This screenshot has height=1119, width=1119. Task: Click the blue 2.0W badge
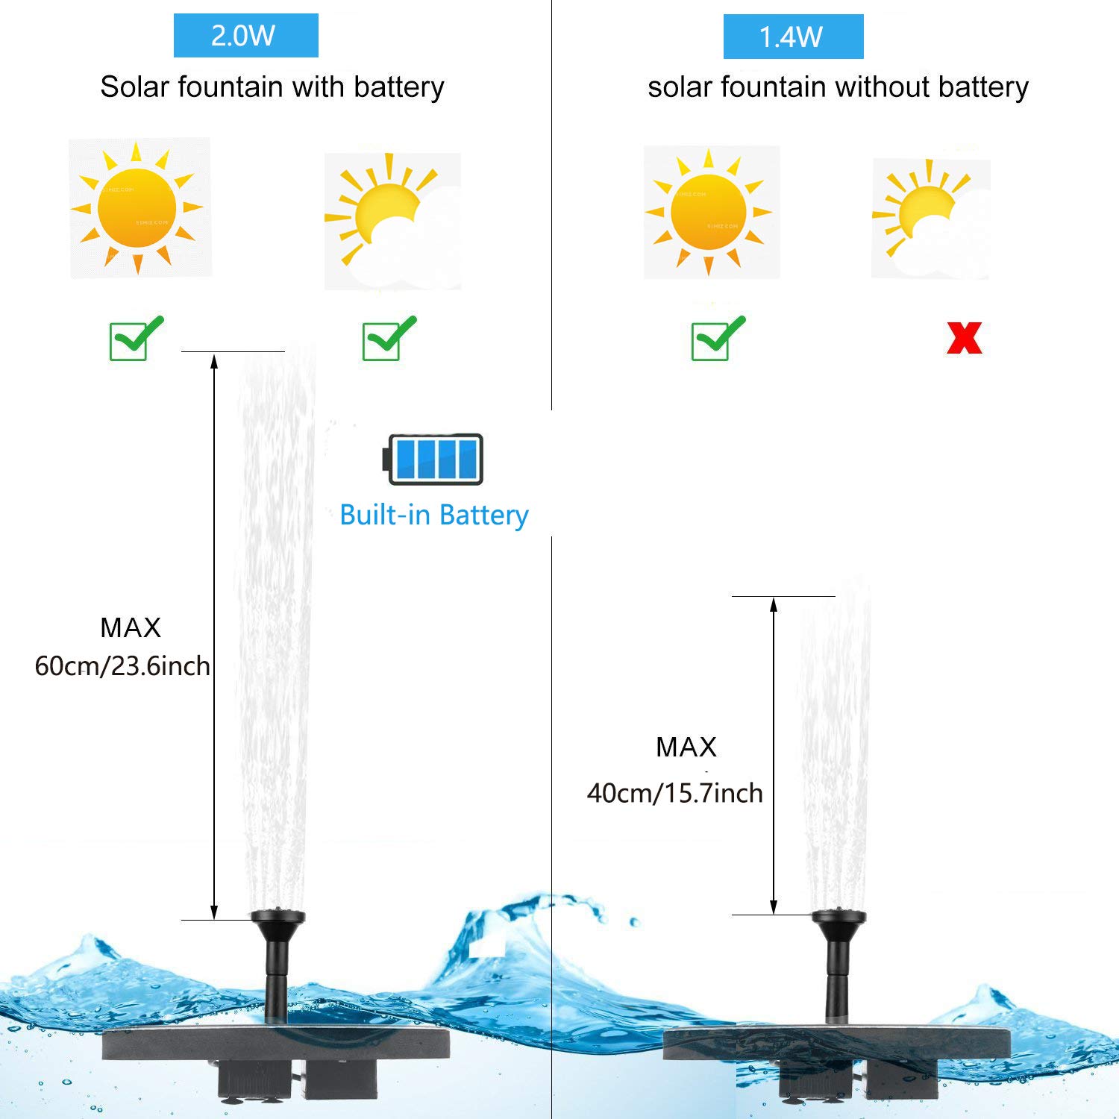point(245,35)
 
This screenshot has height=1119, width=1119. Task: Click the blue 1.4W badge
point(793,37)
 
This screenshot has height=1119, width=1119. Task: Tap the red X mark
point(964,338)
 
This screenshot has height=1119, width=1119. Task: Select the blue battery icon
point(433,459)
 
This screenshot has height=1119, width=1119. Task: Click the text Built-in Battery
point(433,515)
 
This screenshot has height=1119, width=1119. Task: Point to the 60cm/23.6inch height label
point(122,665)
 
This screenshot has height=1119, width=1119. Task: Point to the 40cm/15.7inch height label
point(674,792)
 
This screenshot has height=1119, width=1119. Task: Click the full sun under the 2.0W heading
point(138,207)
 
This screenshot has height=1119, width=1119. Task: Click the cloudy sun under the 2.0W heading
point(392,221)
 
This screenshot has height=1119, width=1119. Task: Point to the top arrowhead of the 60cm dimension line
point(214,361)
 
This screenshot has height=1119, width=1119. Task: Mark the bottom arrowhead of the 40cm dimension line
point(774,906)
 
